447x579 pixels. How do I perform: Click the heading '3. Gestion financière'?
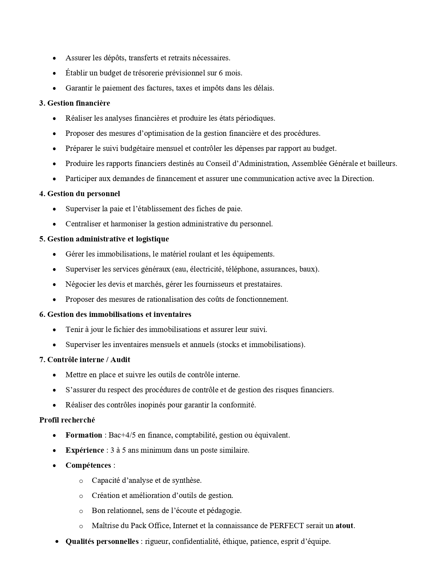(74, 103)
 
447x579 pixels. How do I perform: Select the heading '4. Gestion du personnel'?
(79, 194)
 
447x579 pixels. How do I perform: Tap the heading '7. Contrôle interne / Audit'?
(84, 360)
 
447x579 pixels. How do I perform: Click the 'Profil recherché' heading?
(67, 420)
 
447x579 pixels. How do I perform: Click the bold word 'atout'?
(344, 526)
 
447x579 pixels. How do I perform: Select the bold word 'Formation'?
(83, 435)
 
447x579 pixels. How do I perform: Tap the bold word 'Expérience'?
(84, 450)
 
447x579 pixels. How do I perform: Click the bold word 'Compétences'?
(88, 465)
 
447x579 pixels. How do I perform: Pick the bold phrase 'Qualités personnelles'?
(102, 541)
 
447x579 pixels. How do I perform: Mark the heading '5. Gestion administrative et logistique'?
(104, 239)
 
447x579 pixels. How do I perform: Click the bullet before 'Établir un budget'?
(54, 73)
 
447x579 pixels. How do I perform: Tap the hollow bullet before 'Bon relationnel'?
(81, 511)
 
